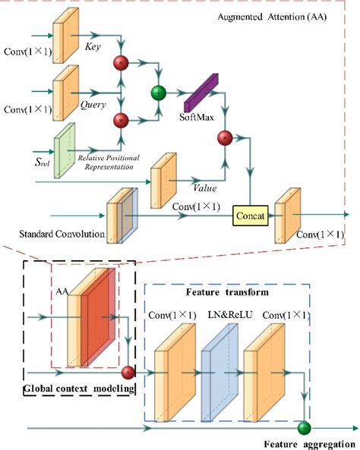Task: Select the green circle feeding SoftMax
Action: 159,93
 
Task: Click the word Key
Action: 93,46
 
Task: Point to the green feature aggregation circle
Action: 305,427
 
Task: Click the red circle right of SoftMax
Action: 225,137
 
